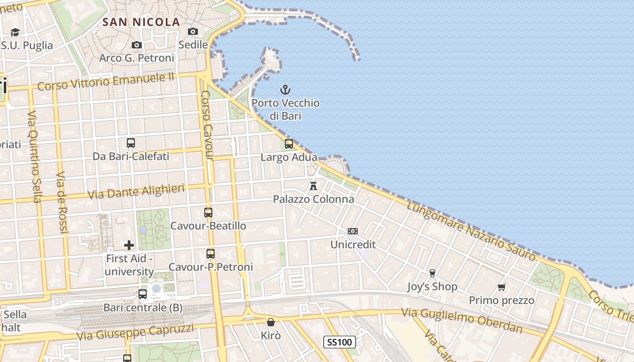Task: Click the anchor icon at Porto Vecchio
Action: point(285,90)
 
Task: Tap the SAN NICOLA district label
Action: point(141,22)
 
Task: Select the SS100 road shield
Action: point(340,342)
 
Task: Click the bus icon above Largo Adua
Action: point(289,144)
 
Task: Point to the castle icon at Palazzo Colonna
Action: point(313,186)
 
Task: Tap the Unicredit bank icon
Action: point(353,231)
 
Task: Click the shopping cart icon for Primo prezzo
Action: point(501,287)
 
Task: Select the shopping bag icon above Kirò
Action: point(271,322)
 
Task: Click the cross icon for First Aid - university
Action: point(129,245)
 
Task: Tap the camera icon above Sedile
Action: point(193,31)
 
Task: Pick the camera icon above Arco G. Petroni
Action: point(136,45)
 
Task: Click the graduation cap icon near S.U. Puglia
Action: point(15,32)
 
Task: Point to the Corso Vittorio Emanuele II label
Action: point(106,81)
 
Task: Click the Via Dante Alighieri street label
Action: point(136,192)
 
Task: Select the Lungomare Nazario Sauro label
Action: point(471,231)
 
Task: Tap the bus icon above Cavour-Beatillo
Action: point(208,212)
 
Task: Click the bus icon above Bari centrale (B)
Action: point(143,294)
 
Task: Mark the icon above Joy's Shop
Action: point(432,273)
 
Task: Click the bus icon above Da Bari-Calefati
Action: point(131,143)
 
